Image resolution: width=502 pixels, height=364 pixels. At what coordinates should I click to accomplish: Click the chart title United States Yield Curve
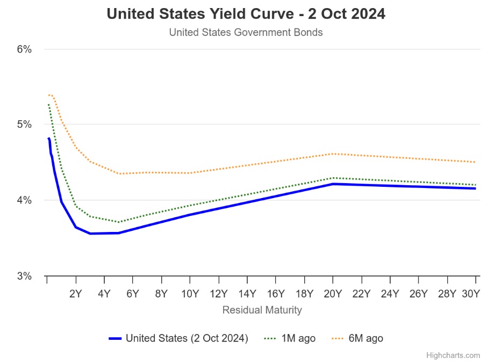pos(246,14)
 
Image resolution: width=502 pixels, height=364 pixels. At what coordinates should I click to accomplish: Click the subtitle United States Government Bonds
pos(246,32)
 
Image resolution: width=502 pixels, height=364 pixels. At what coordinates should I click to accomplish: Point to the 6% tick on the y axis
pos(25,49)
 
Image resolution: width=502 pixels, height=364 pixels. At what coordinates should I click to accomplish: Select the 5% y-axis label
pos(25,125)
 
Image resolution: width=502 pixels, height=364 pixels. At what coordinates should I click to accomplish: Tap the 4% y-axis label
pos(25,200)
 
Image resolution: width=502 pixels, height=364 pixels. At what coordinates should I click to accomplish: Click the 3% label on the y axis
pos(25,276)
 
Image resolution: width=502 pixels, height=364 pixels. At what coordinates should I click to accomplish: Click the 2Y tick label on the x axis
pos(76,294)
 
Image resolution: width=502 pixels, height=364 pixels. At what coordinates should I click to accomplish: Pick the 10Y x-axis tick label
pos(190,294)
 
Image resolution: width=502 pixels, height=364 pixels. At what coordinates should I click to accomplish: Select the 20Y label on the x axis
pos(333,294)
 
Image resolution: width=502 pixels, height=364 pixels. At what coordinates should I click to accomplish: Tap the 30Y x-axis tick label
pos(470,294)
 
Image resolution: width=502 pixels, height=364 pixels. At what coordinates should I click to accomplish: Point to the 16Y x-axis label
pos(276,294)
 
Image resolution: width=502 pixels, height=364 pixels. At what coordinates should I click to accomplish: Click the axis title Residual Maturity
pos(262,310)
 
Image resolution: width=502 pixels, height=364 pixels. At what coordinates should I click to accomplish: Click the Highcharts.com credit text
pos(453,355)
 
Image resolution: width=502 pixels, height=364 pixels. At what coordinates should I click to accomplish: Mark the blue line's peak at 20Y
pos(333,184)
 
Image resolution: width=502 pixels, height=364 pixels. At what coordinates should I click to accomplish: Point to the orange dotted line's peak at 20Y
pos(333,154)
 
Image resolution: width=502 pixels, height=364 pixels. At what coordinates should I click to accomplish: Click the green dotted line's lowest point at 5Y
pos(119,222)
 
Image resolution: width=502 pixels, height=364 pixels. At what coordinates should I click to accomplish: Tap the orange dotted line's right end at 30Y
pos(475,162)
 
